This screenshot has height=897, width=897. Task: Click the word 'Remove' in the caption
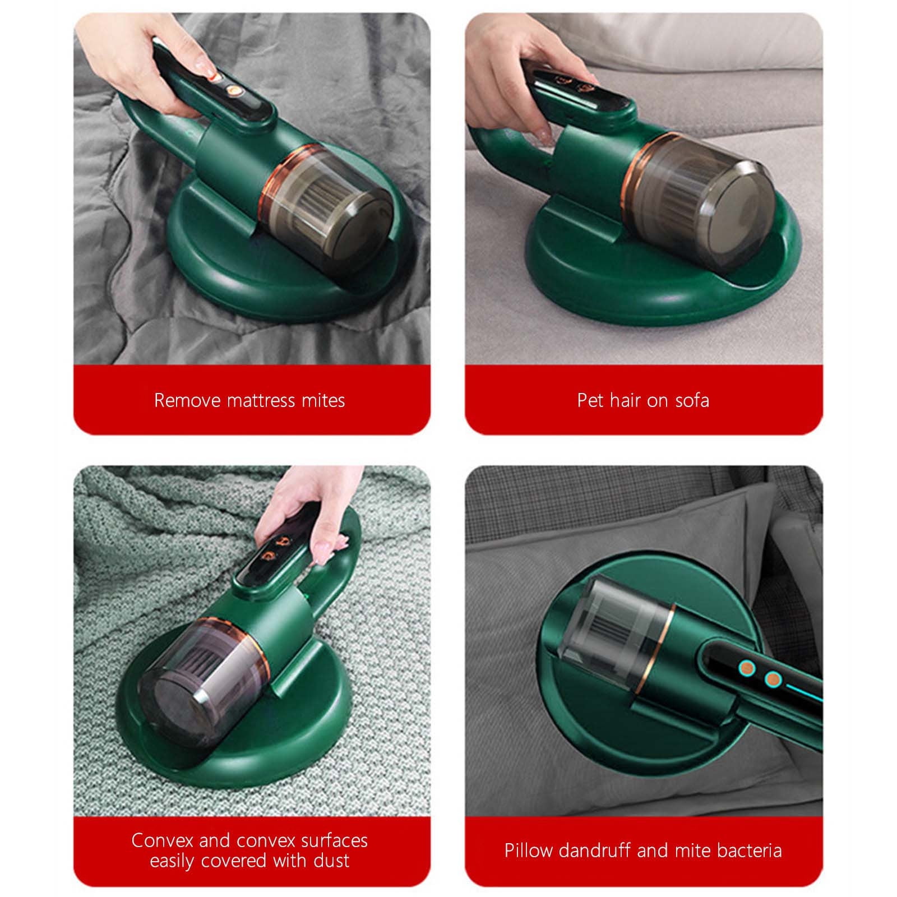(x=187, y=400)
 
